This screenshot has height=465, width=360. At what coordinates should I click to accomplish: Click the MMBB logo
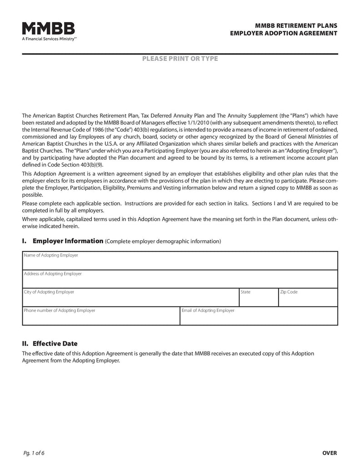click(49, 28)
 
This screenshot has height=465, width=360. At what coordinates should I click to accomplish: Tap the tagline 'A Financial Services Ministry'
click(49, 40)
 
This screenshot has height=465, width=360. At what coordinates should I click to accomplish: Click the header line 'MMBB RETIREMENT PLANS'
click(296, 26)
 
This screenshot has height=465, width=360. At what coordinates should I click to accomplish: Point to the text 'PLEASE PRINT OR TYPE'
click(180, 59)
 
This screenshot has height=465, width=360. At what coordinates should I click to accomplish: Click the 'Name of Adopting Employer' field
click(180, 263)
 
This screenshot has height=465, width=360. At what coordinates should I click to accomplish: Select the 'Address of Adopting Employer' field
click(180, 282)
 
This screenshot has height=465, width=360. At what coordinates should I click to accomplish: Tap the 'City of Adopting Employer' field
click(131, 300)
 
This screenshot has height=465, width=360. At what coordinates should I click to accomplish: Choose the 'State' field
click(258, 300)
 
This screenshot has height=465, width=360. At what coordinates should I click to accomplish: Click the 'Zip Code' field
click(308, 300)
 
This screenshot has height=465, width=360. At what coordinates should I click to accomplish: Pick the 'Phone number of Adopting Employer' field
click(101, 318)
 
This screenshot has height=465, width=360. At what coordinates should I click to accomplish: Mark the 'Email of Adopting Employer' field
click(259, 318)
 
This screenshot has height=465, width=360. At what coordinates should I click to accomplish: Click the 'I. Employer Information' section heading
click(63, 241)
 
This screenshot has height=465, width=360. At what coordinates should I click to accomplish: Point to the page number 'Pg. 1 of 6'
click(35, 453)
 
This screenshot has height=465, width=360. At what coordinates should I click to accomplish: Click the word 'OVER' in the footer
click(330, 453)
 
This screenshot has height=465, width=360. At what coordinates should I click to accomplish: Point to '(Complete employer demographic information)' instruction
click(163, 242)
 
